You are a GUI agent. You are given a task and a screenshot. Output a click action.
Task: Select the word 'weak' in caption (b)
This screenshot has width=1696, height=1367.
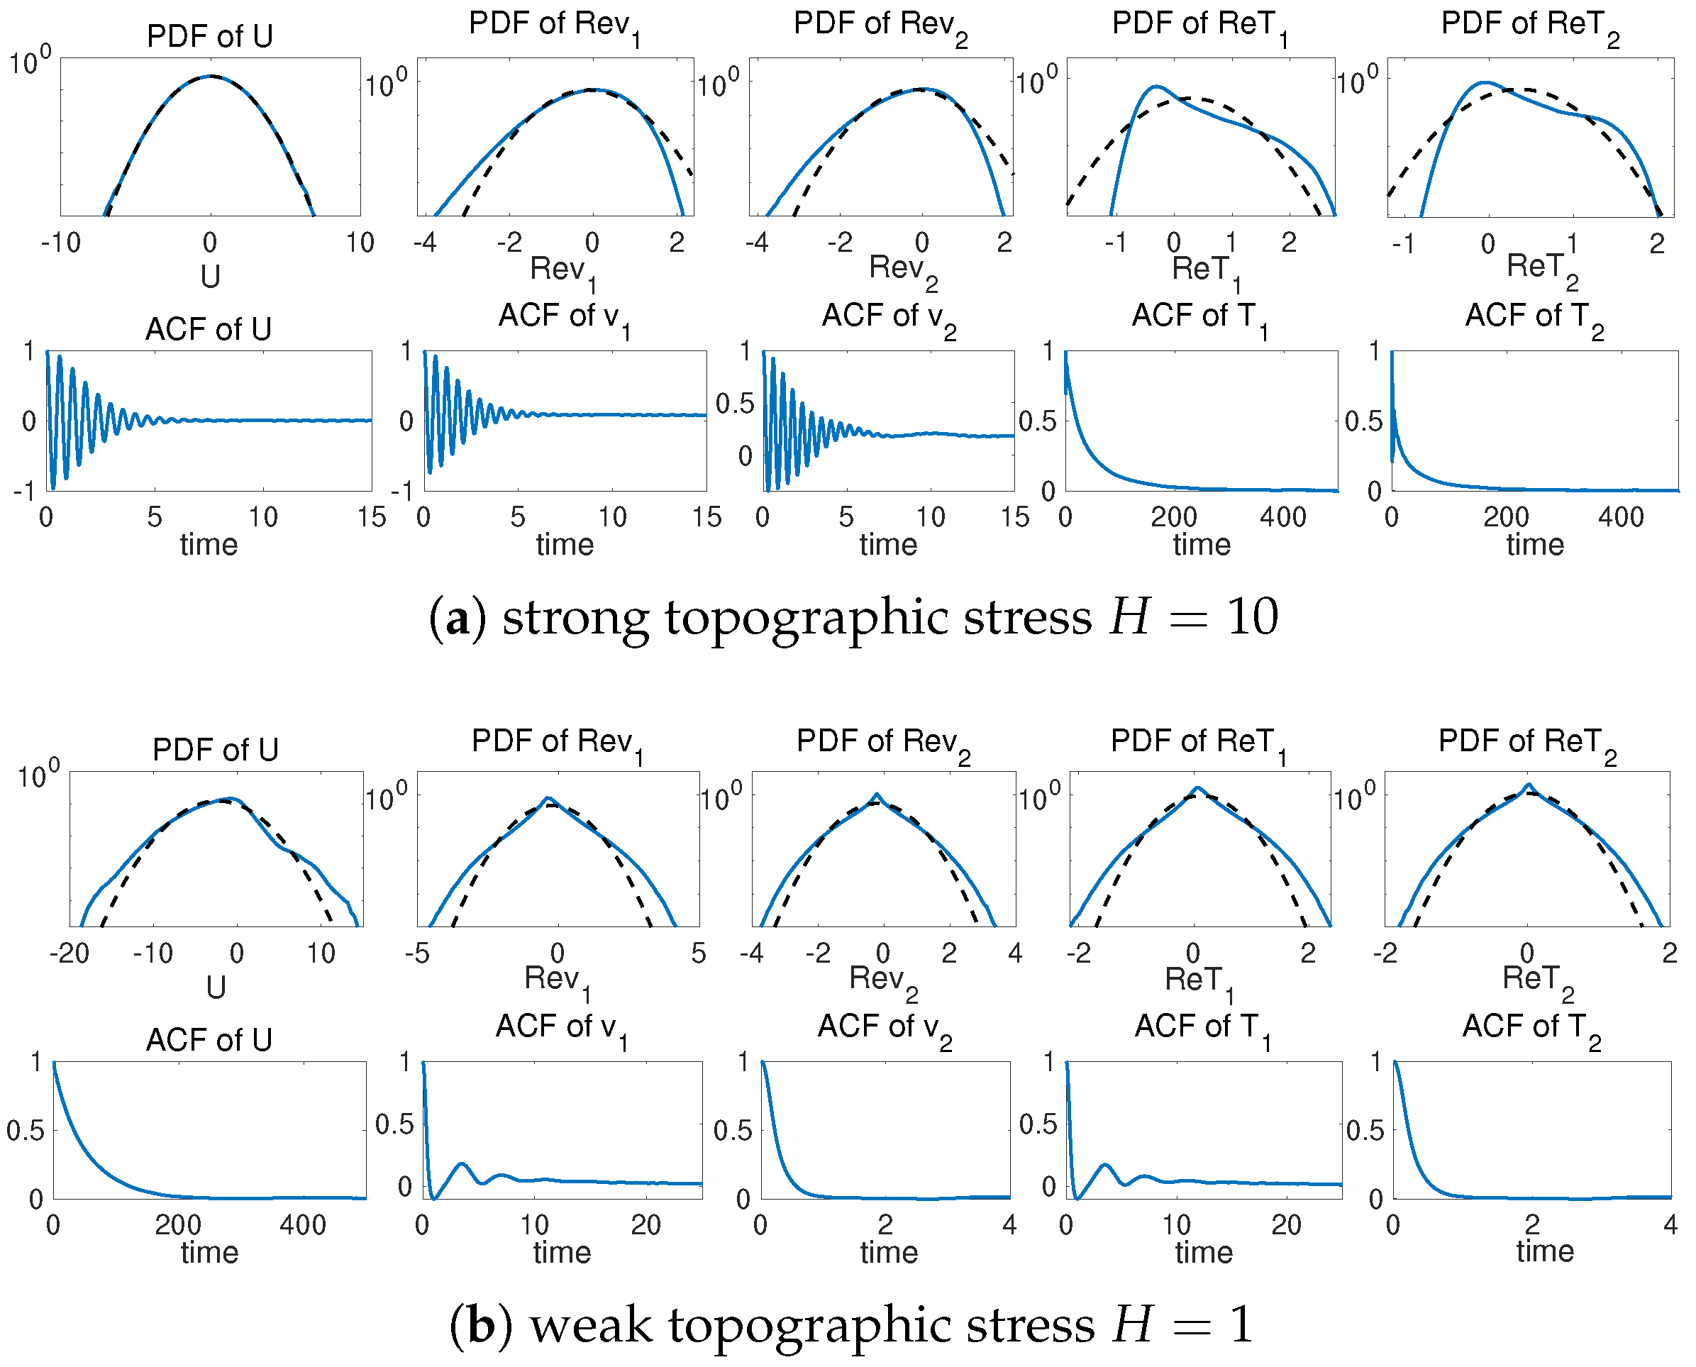(591, 1325)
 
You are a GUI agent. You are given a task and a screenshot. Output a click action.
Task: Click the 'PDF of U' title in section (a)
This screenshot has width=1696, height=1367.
(209, 36)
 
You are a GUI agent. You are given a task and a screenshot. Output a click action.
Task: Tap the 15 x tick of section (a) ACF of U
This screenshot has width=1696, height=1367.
(372, 517)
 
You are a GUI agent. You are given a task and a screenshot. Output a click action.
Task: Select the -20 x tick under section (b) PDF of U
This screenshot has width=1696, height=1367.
(69, 953)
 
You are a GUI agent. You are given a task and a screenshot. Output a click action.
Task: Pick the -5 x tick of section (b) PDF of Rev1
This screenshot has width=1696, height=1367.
(416, 953)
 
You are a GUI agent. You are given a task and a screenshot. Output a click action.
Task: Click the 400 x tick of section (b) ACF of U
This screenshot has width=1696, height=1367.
(303, 1225)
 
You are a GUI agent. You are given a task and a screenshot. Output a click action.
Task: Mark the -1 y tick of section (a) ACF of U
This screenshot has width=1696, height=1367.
(23, 492)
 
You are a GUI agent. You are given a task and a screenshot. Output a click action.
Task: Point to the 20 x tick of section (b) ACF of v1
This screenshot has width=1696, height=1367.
(645, 1225)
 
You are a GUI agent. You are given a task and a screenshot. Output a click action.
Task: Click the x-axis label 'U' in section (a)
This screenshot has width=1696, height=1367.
(210, 277)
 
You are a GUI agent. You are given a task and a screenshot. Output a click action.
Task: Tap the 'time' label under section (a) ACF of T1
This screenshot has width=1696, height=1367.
(1202, 545)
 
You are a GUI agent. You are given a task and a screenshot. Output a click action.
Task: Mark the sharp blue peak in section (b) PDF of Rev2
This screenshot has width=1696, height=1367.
(877, 794)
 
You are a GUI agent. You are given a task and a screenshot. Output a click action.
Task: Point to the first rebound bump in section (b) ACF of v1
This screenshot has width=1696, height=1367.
(462, 1164)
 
